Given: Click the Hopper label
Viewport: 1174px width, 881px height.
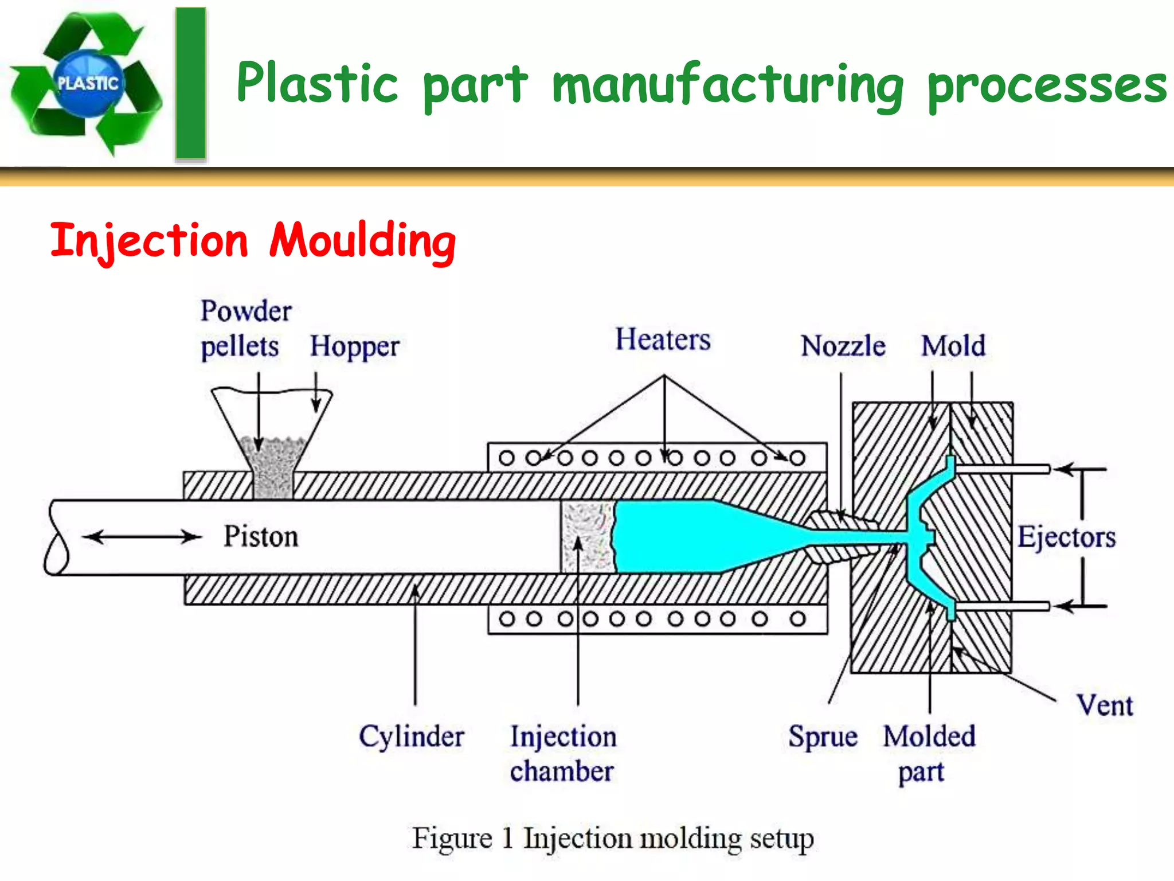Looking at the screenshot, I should [x=354, y=346].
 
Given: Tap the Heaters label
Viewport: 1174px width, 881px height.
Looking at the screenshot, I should [x=663, y=340].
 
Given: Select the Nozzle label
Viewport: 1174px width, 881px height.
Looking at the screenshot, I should [x=843, y=346].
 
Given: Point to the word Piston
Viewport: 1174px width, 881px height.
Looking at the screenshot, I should [x=261, y=537].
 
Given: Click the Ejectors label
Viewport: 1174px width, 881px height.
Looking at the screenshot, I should [x=1066, y=538].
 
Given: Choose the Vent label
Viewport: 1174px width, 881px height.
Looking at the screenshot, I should [x=1105, y=705].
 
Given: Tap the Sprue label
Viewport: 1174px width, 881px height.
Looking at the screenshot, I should [x=823, y=736].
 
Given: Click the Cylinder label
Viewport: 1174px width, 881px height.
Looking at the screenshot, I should [x=412, y=736].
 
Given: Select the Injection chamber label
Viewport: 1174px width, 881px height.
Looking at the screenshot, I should [x=563, y=754].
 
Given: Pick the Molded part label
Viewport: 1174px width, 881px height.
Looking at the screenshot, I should [x=929, y=753].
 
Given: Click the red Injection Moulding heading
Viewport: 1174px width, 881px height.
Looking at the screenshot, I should [x=253, y=241].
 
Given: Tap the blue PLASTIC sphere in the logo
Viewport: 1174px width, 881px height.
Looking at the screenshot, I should [x=88, y=84].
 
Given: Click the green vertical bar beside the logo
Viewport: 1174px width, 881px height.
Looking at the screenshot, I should [x=190, y=83].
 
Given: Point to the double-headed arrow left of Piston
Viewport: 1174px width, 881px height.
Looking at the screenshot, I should [x=142, y=537].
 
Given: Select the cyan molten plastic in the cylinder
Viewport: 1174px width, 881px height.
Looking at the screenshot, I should [x=676, y=537].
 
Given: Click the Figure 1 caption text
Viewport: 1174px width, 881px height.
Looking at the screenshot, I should [x=612, y=839].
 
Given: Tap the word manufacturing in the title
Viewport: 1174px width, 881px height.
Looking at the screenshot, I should [x=728, y=85].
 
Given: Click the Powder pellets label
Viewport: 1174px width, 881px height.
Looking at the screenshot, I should [x=245, y=329].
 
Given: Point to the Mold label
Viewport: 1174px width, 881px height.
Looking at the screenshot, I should [x=953, y=346].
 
